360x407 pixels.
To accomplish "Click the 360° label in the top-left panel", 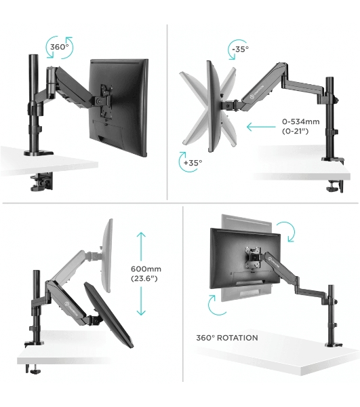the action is point(60,47).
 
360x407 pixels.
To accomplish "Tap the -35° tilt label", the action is point(240,49).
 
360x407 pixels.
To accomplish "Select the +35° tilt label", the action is point(193,163).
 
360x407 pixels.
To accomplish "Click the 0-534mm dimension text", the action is point(301,121).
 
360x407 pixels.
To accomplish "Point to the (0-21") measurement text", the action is point(296,131).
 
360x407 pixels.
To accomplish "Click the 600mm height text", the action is point(146,269).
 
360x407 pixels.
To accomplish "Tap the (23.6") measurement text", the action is point(144,279).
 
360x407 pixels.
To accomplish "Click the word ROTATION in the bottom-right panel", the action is point(237,338).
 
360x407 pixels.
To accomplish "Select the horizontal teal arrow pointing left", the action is point(261,127).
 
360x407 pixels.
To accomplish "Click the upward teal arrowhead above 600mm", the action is point(141,235).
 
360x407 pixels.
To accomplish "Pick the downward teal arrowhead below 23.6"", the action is point(141,312).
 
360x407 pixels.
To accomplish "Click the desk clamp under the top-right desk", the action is point(335,186).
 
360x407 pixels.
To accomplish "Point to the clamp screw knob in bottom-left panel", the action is point(35,372).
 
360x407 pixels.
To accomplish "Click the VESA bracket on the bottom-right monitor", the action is point(252,258).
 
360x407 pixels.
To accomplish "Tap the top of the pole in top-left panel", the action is point(33,56).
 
